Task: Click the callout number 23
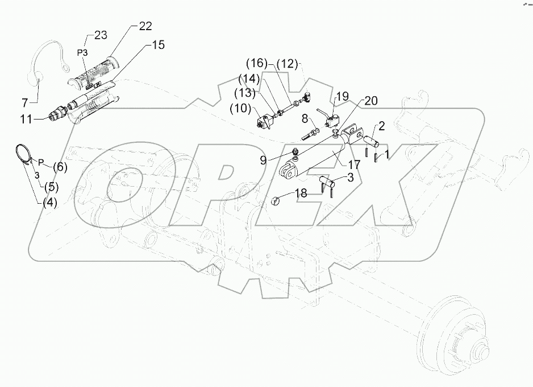100,35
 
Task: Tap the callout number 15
157,44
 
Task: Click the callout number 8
305,118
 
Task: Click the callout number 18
300,194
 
